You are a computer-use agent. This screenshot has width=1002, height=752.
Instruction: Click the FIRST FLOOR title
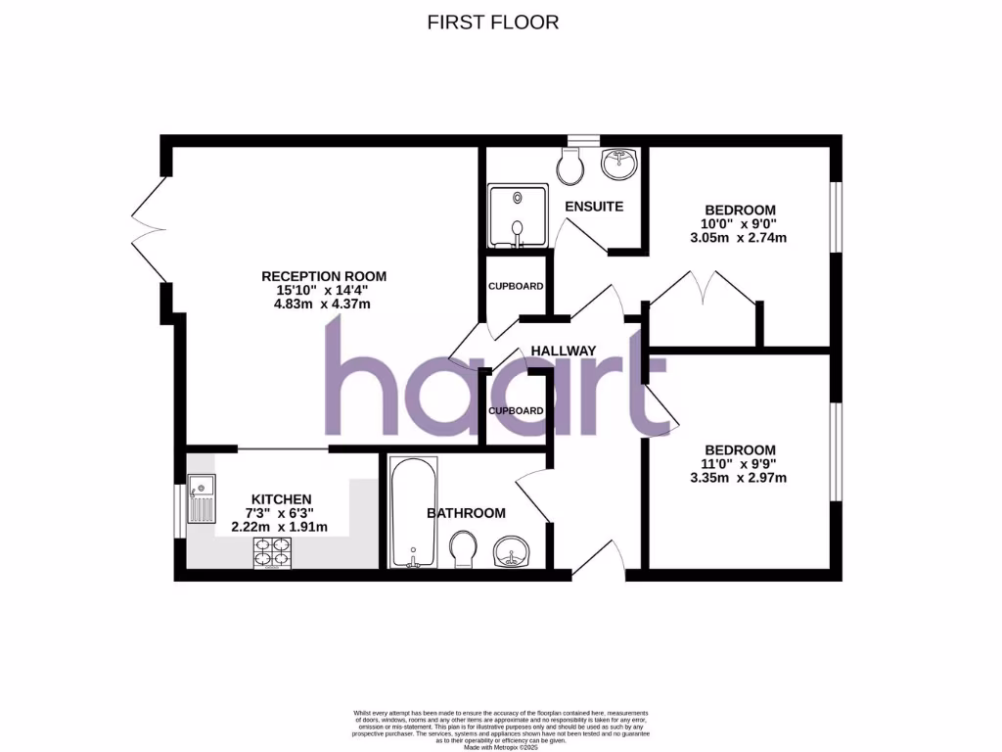(x=493, y=22)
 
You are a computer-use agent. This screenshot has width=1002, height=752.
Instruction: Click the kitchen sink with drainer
(x=203, y=499)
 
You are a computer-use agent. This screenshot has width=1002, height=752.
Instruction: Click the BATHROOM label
(x=466, y=513)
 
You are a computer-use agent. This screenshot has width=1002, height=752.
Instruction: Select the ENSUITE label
(x=594, y=207)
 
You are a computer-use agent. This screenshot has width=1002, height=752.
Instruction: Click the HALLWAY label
(x=563, y=351)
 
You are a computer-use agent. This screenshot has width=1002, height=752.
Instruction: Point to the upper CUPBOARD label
(x=516, y=286)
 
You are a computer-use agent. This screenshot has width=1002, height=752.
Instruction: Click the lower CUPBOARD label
(x=516, y=410)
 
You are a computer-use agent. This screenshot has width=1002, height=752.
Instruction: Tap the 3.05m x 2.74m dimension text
(x=741, y=237)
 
